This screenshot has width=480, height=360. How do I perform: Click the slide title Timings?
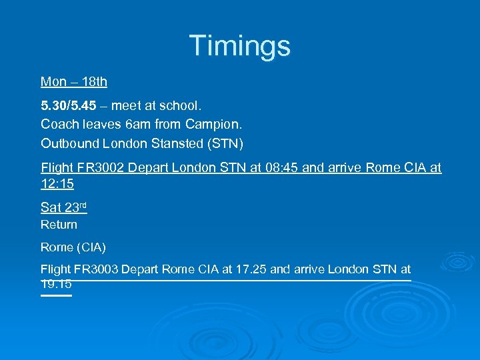240,46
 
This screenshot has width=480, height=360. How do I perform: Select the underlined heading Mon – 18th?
74,82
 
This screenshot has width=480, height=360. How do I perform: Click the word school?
181,105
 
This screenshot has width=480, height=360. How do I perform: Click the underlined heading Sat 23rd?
64,207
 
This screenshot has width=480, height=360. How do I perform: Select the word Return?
59,225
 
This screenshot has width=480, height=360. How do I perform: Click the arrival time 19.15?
56,284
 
